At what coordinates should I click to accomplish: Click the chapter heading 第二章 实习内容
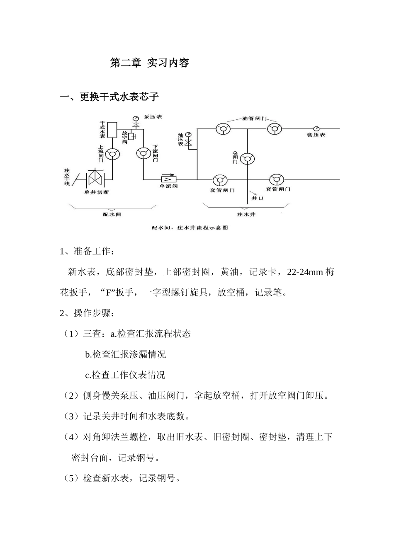point(149,63)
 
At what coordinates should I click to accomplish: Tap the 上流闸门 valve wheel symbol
point(112,154)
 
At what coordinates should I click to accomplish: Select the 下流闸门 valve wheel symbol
point(143,153)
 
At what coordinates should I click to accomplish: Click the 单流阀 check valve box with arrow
point(168,179)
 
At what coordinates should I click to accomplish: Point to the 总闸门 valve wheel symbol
point(248,158)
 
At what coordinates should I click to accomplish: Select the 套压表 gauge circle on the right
point(316,128)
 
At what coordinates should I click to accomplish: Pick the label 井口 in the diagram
point(257,198)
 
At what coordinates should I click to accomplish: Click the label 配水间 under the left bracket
point(112,214)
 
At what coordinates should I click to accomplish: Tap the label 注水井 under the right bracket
point(246,214)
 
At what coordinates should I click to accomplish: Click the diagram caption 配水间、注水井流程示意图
point(190,228)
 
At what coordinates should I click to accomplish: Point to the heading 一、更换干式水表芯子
point(109,97)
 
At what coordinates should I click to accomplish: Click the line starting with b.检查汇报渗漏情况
point(125,354)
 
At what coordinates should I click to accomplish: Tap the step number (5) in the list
point(71,479)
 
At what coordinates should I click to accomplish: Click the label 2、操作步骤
point(85,313)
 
